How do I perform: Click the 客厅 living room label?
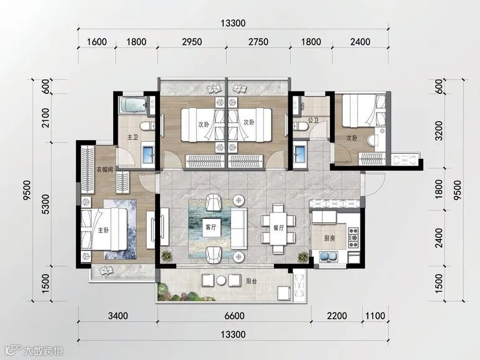(211, 227)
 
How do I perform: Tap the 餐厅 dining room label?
(278, 227)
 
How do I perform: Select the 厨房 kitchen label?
(329, 238)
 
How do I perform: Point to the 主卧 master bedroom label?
(103, 230)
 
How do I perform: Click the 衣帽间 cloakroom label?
(105, 169)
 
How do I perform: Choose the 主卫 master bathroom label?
(133, 137)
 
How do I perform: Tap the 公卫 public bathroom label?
(313, 120)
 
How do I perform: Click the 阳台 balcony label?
(252, 281)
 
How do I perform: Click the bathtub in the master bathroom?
(134, 105)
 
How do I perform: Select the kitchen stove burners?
(354, 238)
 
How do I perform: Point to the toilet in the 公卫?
(301, 126)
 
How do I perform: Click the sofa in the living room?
(239, 229)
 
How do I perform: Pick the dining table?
(278, 229)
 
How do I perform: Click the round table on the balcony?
(221, 280)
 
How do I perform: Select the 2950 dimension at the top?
(192, 42)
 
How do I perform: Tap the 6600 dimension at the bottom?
(235, 316)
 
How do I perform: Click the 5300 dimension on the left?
(45, 204)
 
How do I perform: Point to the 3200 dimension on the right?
(439, 131)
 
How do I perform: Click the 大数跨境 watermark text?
(43, 351)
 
